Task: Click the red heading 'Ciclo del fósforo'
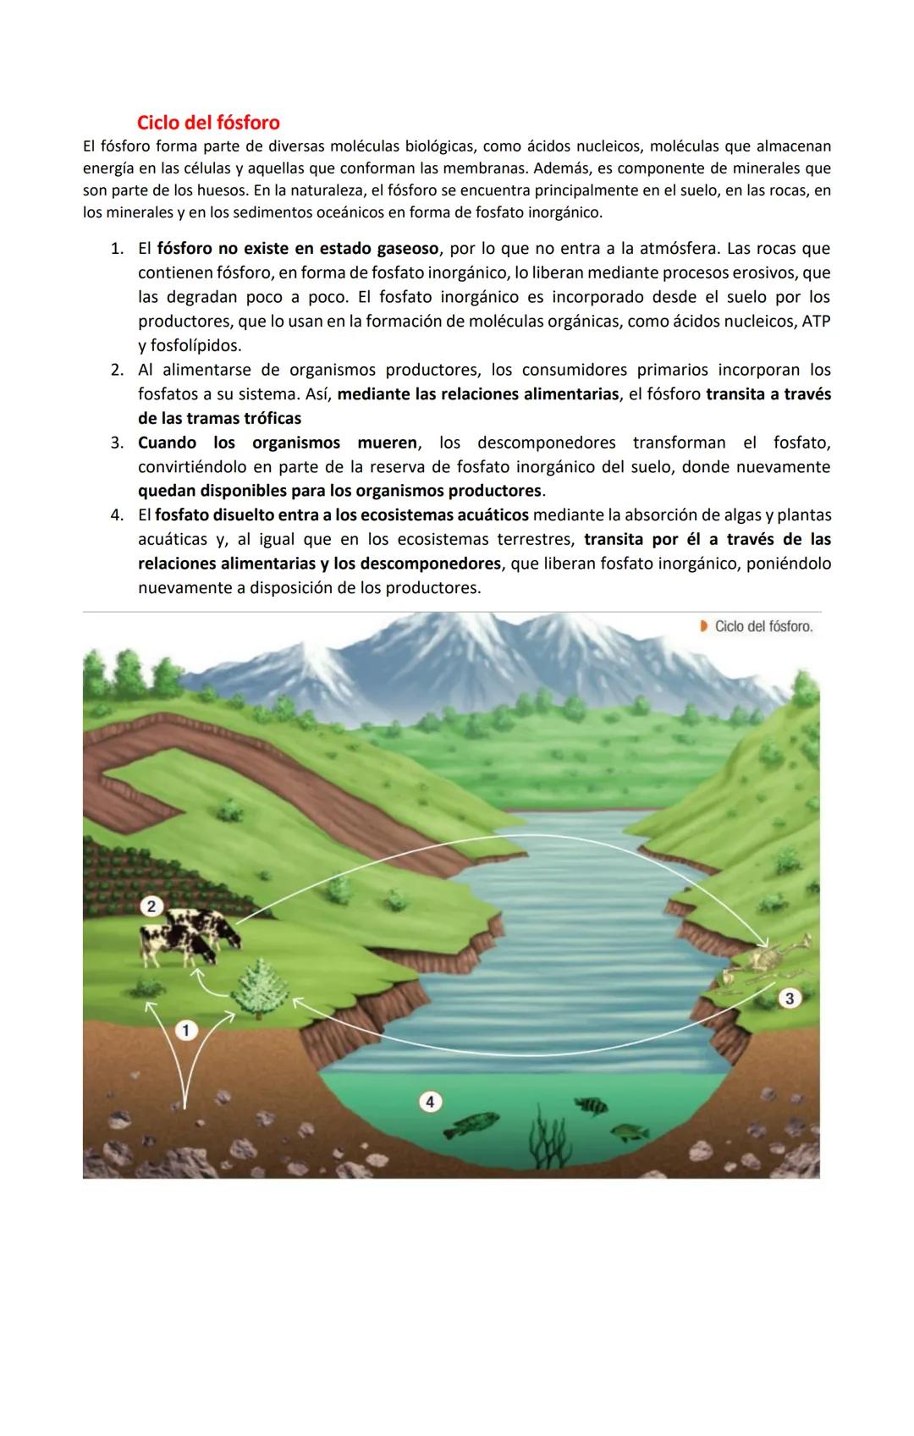coord(208,123)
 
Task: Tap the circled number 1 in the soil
coord(186,1030)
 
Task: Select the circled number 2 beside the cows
coord(151,906)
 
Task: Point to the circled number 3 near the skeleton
coord(790,999)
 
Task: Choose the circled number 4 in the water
coord(430,1102)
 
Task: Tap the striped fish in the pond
coord(591,1104)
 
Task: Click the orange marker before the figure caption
coord(703,626)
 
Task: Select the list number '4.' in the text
coord(118,515)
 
